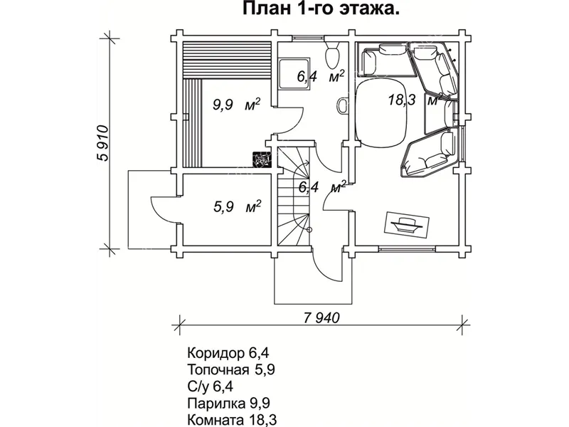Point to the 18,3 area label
click(402, 100)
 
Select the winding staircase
click(294, 192)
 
